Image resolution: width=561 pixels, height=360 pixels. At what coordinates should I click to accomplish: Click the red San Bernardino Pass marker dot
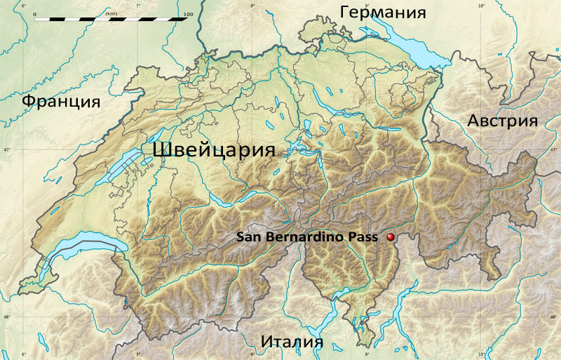click(x=390, y=239)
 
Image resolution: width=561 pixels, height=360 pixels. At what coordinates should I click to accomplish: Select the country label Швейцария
click(x=212, y=149)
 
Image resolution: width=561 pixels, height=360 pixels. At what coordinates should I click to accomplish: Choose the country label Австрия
click(x=502, y=120)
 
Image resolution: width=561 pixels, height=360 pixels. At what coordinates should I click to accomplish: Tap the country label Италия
click(x=292, y=342)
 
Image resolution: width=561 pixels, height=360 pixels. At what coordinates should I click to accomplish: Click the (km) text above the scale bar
click(x=111, y=13)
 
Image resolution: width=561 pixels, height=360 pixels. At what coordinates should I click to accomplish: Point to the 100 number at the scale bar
click(x=187, y=13)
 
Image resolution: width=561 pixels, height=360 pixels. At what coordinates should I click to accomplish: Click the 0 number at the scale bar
click(x=34, y=13)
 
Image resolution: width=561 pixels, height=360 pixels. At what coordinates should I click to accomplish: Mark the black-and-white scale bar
click(x=111, y=20)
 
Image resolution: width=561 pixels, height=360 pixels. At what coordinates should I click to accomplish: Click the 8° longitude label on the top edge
click(x=252, y=6)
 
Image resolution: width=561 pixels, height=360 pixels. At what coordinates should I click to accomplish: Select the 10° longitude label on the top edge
click(x=481, y=6)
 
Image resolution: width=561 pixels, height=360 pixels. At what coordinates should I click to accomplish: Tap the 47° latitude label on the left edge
click(x=6, y=149)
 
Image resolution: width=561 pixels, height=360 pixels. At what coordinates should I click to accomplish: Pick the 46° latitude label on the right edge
click(x=555, y=317)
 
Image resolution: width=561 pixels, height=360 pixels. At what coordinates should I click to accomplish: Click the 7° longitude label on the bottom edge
click(x=137, y=354)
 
